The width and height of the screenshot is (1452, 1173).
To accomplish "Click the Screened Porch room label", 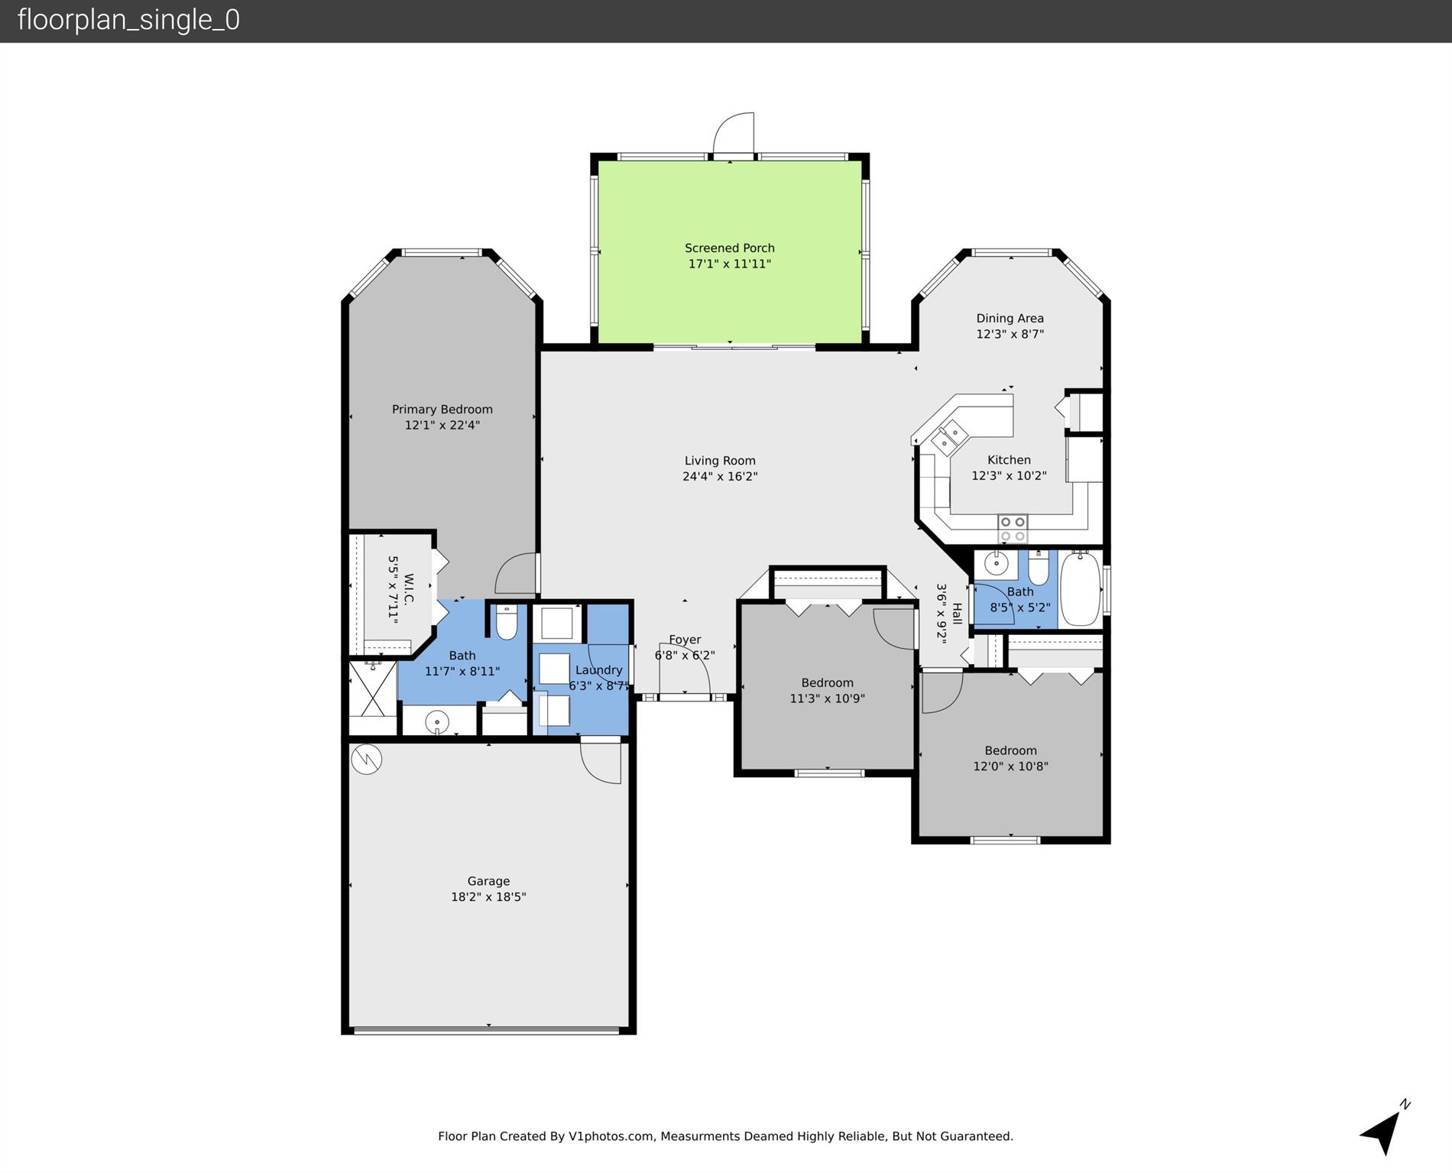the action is [729, 248].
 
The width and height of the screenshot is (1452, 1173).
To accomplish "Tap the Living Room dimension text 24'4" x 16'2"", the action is [720, 476].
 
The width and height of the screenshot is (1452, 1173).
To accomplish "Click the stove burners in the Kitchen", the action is [1013, 529].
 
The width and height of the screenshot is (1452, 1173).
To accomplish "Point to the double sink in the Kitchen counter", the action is [949, 436].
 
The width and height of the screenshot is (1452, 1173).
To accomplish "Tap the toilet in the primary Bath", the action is [507, 622].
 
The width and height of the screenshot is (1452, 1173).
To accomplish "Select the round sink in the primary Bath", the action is [437, 721].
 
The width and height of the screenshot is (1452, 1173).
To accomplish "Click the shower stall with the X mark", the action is [372, 689].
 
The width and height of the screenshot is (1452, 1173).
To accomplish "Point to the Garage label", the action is [488, 881].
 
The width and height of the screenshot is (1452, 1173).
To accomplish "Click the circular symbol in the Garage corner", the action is [367, 759].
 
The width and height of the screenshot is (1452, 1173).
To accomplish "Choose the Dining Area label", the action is [1010, 318].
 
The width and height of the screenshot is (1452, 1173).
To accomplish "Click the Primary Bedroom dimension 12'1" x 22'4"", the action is [442, 425].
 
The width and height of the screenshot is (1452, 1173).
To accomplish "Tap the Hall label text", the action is [957, 614].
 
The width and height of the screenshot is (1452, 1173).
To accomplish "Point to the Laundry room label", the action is [598, 670].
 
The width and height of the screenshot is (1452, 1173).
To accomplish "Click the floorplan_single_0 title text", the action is [128, 20].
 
